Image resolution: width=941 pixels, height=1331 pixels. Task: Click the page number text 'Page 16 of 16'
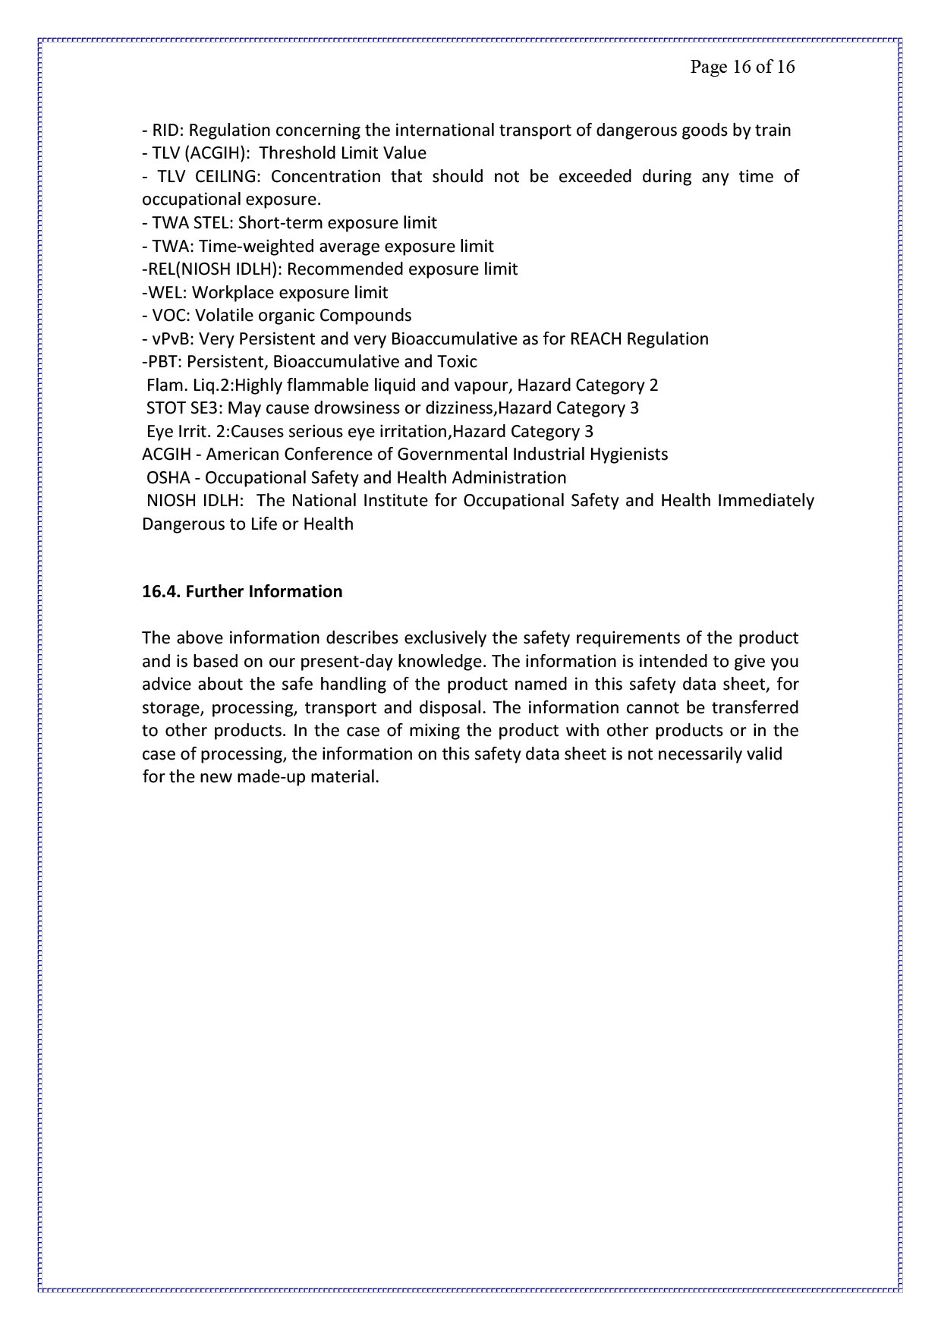click(x=742, y=67)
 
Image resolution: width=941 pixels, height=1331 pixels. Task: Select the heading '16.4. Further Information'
click(x=242, y=591)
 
